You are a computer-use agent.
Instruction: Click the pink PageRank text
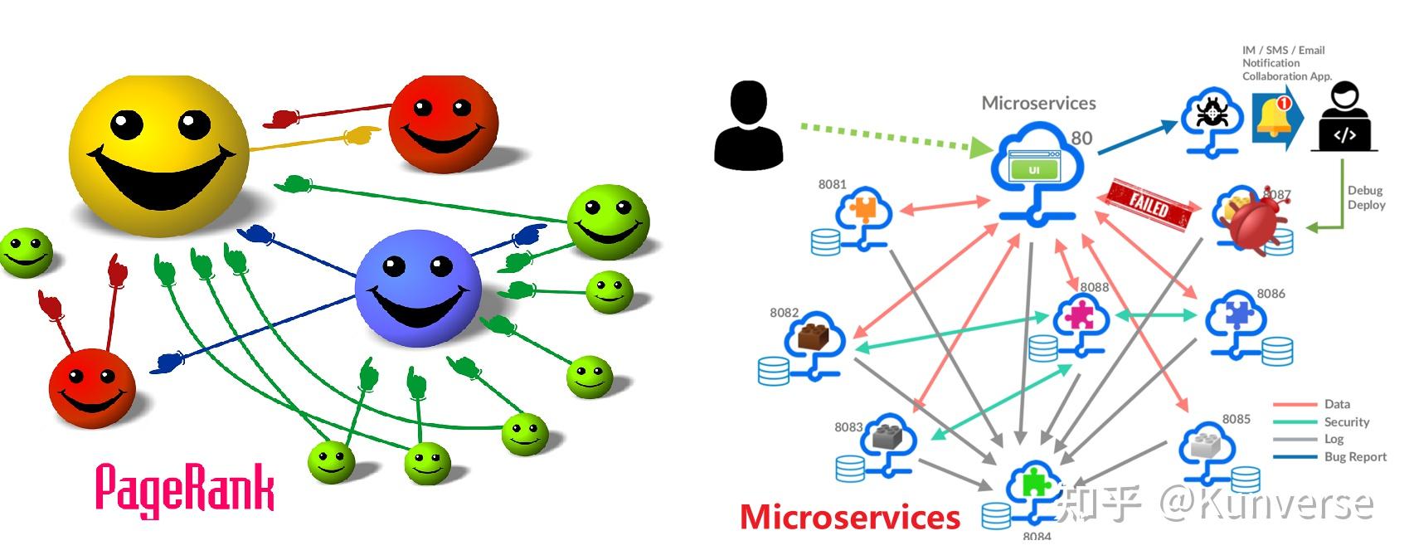coord(184,489)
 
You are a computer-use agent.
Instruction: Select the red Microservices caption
coord(849,517)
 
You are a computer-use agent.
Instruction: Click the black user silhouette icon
coord(748,125)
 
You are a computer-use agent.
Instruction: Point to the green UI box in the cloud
coord(1033,170)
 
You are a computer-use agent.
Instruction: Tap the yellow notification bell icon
coord(1273,116)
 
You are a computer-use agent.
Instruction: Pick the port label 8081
coord(832,184)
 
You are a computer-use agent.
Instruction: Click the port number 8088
coord(1094,287)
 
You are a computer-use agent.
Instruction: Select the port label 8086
coord(1271,294)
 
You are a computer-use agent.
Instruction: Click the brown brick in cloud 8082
coord(813,336)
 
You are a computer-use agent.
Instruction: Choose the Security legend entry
coord(1346,421)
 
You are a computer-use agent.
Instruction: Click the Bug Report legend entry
coord(1355,456)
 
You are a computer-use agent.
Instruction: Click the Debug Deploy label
coord(1366,197)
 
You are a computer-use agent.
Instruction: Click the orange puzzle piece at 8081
coord(863,207)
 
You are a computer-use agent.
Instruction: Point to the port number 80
coord(1081,139)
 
